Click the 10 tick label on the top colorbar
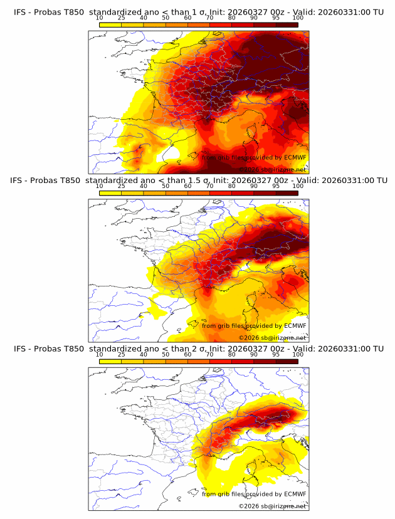[x=100, y=18]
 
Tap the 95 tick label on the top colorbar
[x=276, y=18]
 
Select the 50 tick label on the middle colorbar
[x=166, y=186]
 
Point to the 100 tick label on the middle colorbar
[x=298, y=186]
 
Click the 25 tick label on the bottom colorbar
[x=122, y=354]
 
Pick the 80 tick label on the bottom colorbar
[x=232, y=354]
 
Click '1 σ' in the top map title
[x=201, y=12]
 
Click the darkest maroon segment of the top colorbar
[x=287, y=24]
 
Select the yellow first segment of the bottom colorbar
[x=110, y=361]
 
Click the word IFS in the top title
[x=20, y=12]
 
